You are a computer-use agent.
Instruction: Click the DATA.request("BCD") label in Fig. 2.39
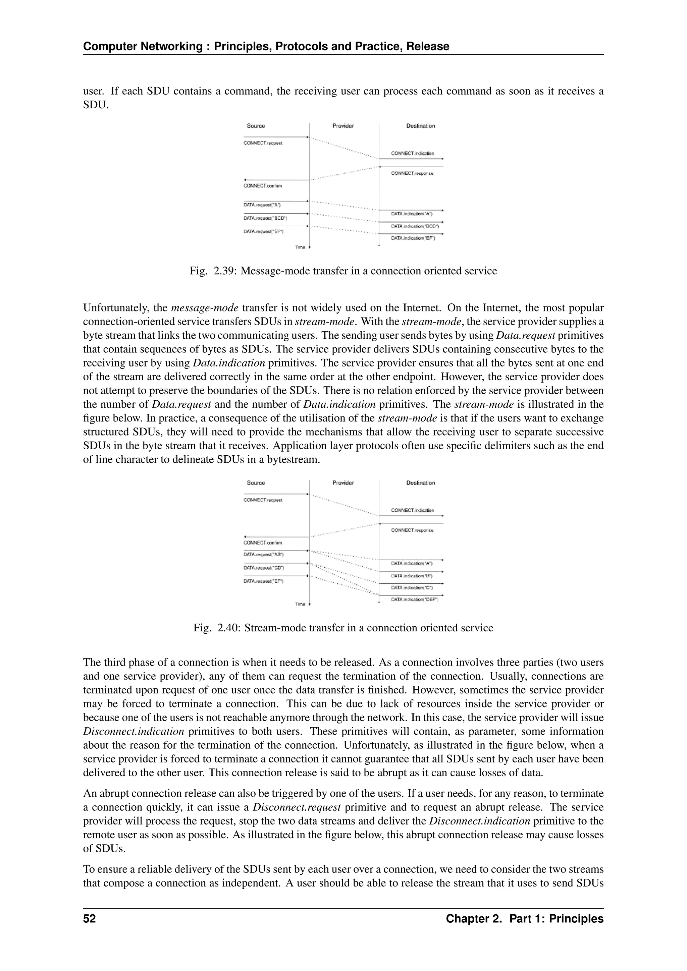pos(265,218)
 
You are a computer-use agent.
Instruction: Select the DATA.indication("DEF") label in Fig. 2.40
pos(415,599)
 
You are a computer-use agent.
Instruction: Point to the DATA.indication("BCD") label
pos(415,226)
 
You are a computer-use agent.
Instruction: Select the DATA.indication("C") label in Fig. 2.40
pos(412,587)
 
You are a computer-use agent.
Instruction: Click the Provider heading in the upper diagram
pos(343,126)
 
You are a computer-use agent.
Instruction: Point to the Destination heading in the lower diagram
pos(421,482)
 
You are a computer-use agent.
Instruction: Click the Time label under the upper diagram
pos(300,247)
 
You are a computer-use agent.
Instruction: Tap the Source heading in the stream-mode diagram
pos(256,482)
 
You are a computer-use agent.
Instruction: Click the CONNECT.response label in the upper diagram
pos(412,173)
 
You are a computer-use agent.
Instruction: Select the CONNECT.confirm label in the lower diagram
pos(263,542)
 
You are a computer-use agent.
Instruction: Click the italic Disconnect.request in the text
pos(297,807)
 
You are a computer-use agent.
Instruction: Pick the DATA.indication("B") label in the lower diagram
pos(412,576)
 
